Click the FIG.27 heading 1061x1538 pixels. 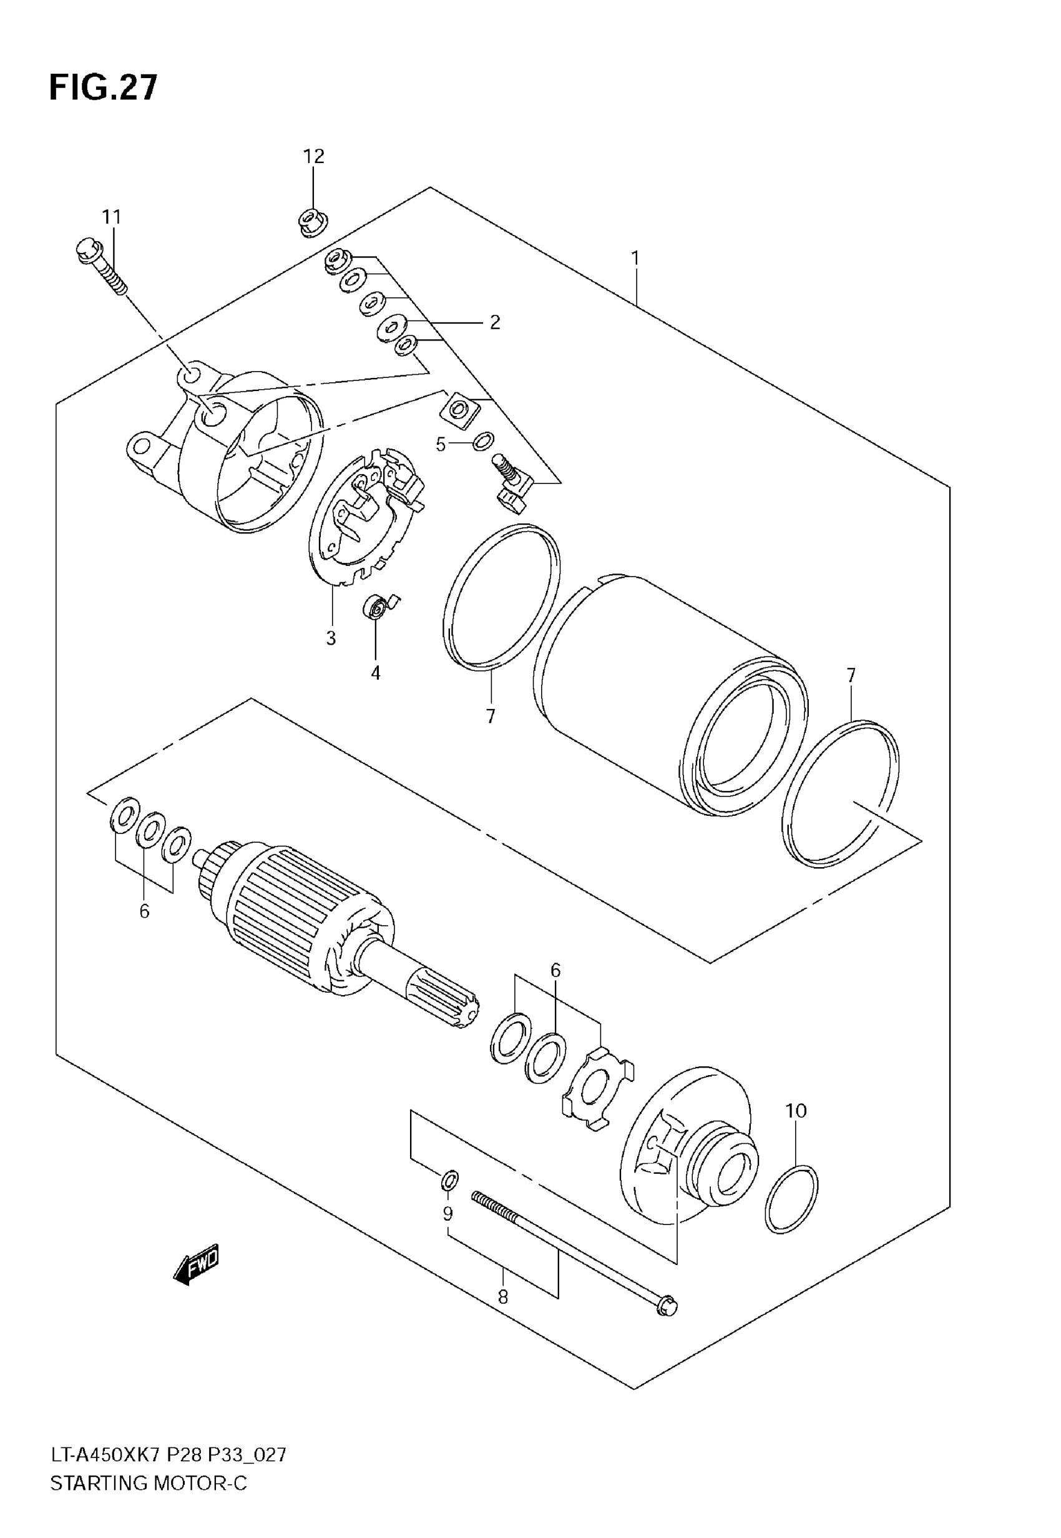(104, 88)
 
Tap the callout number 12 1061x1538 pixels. (314, 156)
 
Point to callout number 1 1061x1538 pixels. (635, 257)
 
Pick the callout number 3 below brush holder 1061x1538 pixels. (331, 638)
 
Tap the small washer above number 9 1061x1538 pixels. (449, 1181)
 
